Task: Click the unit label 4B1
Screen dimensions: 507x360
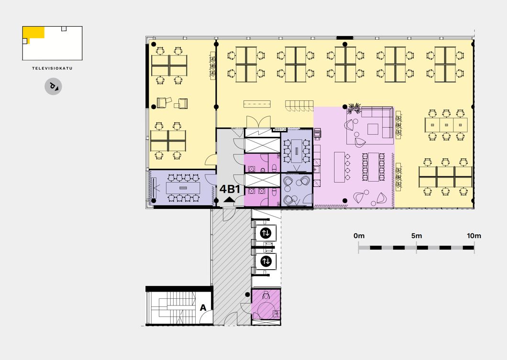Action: click(230, 189)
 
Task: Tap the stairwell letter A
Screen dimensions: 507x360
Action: click(203, 307)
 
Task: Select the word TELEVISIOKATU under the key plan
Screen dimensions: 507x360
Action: click(53, 68)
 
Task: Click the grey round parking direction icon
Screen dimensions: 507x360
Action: click(53, 87)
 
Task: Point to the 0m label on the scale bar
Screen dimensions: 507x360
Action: click(359, 236)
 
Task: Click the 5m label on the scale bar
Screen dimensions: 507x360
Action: click(417, 236)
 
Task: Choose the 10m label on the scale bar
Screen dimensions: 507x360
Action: click(474, 236)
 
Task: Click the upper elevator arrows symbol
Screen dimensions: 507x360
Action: click(266, 233)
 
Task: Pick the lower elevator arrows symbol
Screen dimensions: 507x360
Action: click(266, 261)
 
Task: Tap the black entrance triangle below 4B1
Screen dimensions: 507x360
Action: click(230, 199)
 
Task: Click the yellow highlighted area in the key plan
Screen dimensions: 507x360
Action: click(33, 33)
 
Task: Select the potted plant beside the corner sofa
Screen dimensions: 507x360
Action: click(354, 109)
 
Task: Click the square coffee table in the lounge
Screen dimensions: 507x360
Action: click(373, 129)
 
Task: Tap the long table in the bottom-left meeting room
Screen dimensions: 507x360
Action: click(183, 188)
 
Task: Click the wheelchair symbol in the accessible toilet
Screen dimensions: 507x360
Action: click(266, 295)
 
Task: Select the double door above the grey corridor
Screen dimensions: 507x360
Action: click(258, 122)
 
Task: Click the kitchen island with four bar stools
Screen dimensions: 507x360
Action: click(339, 167)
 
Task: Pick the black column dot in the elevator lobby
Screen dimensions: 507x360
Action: click(247, 295)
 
